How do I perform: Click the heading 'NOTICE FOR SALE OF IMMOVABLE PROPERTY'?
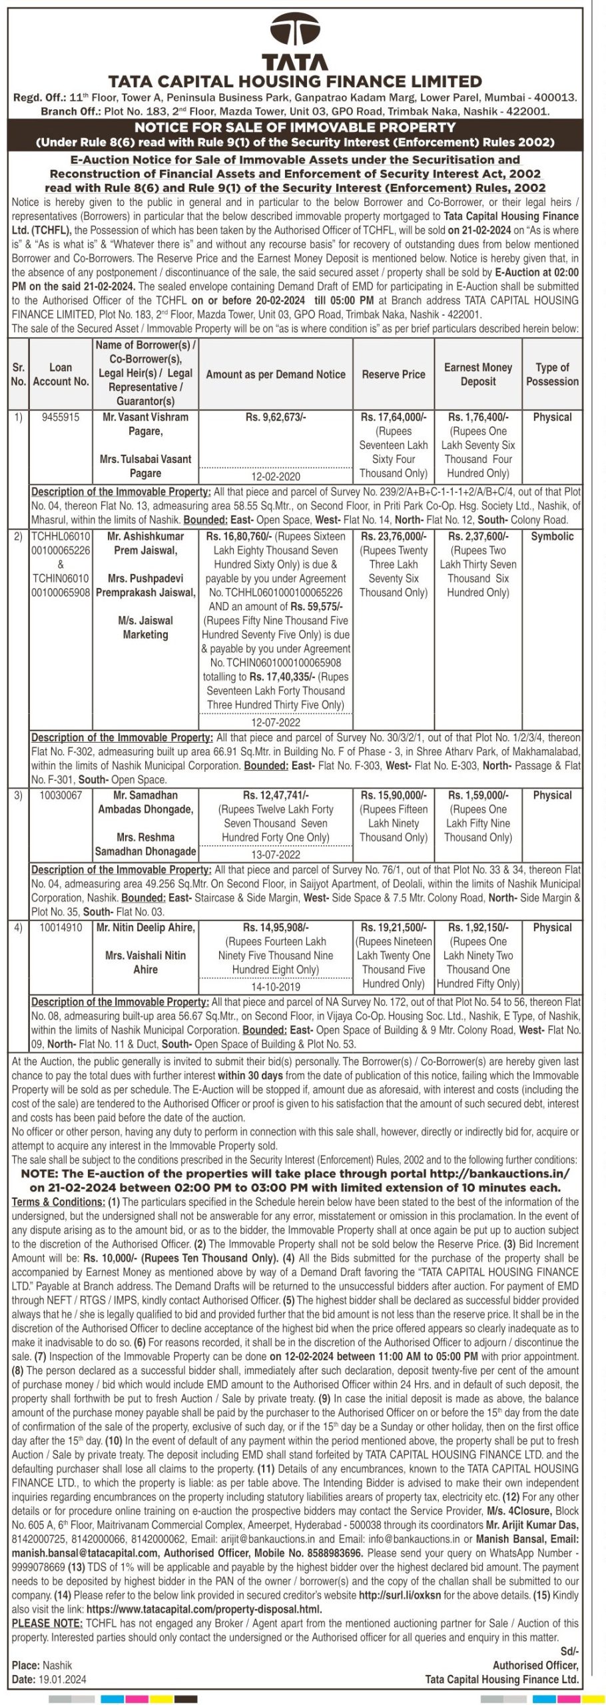(x=295, y=127)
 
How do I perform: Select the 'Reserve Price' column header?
(x=393, y=374)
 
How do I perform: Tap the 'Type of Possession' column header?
(x=552, y=374)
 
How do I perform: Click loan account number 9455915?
(x=60, y=418)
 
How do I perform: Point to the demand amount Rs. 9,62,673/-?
(x=276, y=418)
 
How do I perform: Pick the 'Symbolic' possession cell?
(x=552, y=537)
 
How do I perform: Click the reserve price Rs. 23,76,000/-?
(x=393, y=537)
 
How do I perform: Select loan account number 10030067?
(x=61, y=795)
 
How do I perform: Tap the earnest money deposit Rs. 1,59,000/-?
(x=477, y=795)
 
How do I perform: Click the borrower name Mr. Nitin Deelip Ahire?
(x=146, y=928)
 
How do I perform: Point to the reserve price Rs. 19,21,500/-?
(x=393, y=928)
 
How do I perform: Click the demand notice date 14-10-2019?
(x=276, y=987)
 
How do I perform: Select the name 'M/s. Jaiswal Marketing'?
(x=145, y=628)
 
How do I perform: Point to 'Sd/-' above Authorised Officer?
(x=569, y=1652)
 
